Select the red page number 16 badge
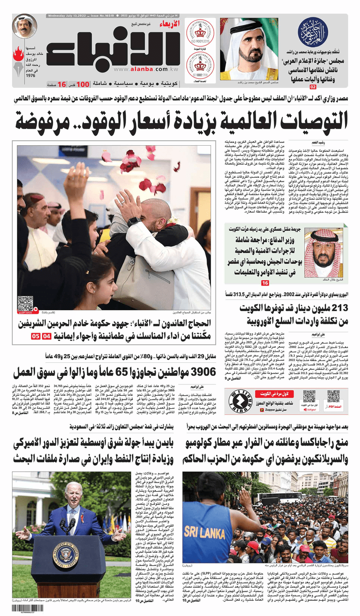(265, 283)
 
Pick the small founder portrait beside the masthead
(25, 27)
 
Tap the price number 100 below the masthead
(83, 84)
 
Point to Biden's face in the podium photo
(73, 492)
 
